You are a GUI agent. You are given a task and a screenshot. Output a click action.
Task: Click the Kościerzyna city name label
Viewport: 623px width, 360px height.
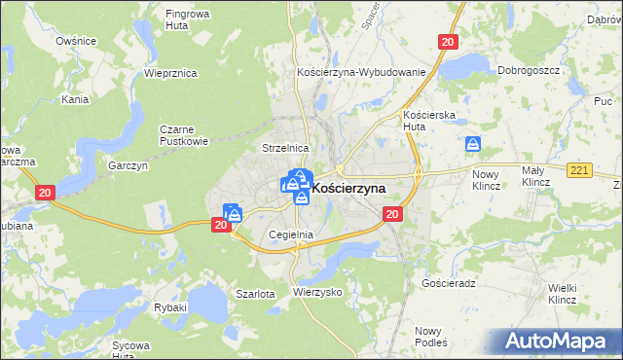(x=349, y=186)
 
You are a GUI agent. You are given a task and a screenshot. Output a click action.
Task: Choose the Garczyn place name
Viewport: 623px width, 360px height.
(x=128, y=165)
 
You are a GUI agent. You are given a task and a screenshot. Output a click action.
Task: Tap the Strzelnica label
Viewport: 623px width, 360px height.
(x=285, y=148)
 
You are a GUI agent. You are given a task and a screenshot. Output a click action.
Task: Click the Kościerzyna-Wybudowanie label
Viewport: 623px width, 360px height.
(x=361, y=73)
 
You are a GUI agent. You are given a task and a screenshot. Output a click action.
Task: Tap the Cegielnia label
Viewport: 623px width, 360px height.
(x=290, y=234)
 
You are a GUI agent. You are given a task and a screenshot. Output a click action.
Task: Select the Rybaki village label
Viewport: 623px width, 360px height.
(x=170, y=307)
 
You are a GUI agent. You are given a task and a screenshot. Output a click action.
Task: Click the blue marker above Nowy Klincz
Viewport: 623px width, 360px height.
(x=473, y=145)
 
